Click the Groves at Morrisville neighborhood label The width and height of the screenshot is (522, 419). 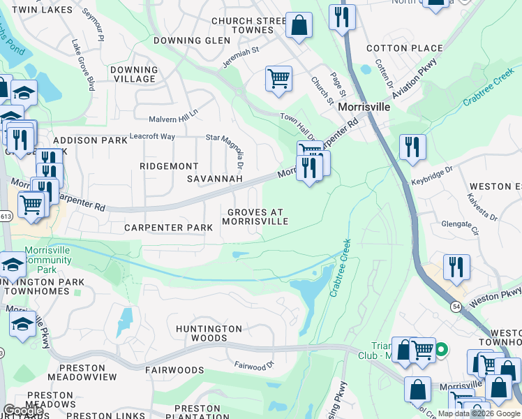(255, 216)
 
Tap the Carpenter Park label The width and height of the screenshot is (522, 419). (168, 228)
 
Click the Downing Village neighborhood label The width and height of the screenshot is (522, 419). (134, 74)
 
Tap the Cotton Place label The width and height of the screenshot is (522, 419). (404, 48)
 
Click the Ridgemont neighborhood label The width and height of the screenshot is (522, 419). (169, 166)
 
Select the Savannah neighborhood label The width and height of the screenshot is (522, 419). (215, 179)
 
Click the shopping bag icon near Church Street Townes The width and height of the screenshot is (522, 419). (299, 26)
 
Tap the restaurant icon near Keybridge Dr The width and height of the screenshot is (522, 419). (412, 147)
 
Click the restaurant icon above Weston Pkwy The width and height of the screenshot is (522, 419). (456, 267)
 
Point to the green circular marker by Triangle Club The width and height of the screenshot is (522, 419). (441, 347)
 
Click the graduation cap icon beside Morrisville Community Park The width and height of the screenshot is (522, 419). (13, 265)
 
